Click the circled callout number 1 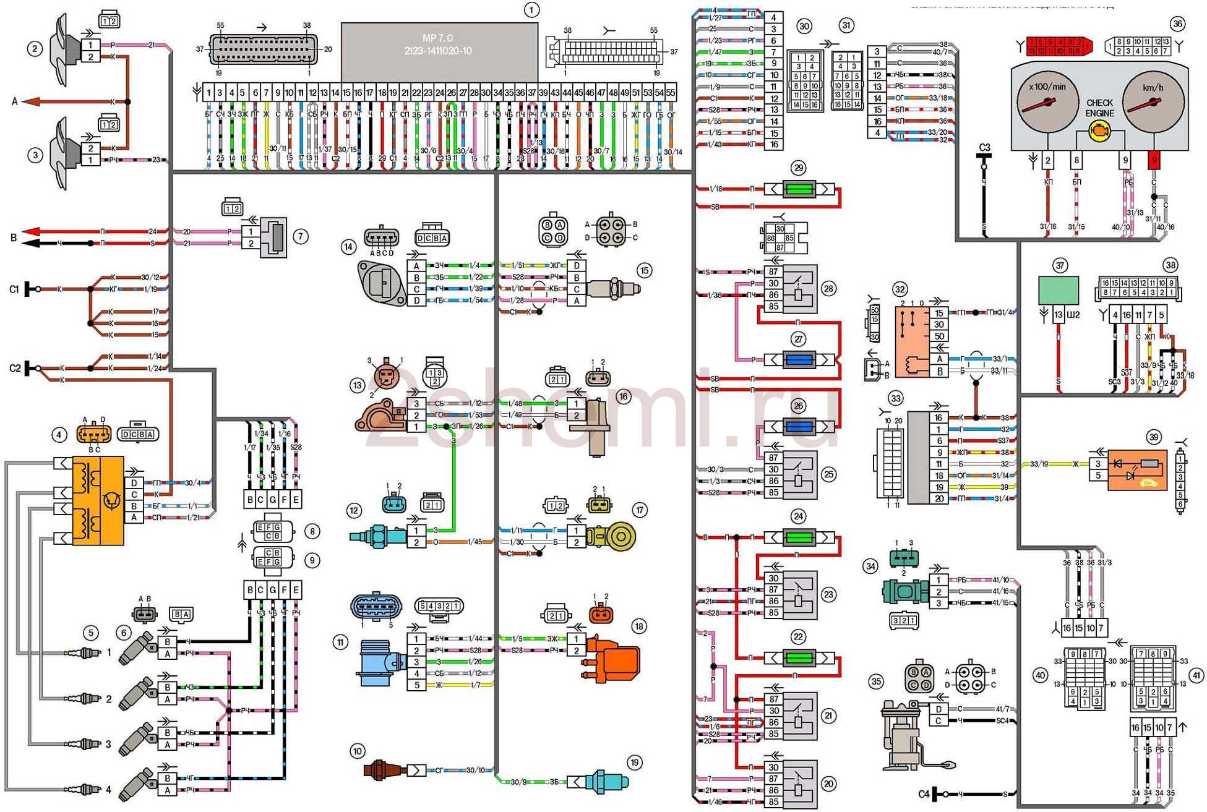tap(531, 10)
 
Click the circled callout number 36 tap(1177, 24)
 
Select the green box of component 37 tap(1059, 289)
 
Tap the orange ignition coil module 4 tap(98, 500)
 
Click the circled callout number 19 tap(634, 763)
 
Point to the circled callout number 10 tap(357, 751)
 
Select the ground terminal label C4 tap(924, 794)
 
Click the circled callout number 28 tap(828, 288)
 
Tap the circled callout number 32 tap(899, 289)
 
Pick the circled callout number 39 tap(1153, 437)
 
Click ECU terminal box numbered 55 tap(671, 93)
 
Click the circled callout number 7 tap(301, 236)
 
